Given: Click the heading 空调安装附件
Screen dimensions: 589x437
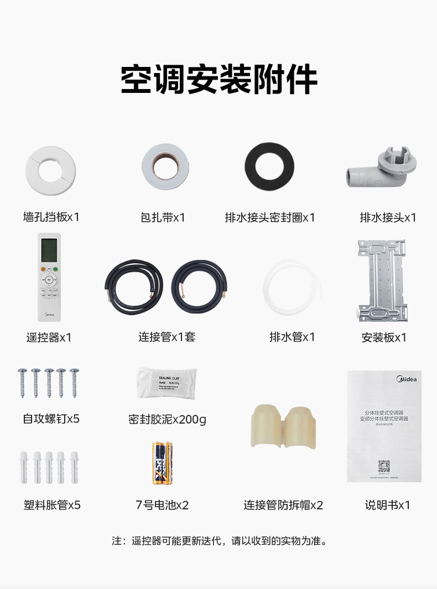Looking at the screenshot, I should [x=218, y=81].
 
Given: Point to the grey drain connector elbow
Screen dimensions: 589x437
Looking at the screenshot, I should [x=382, y=169].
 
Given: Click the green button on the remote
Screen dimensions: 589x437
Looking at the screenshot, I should [x=56, y=270].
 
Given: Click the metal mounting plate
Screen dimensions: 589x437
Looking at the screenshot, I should [x=384, y=280].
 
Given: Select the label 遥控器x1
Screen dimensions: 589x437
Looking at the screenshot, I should [x=49, y=337].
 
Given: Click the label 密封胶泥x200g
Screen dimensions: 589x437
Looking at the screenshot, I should [x=167, y=420].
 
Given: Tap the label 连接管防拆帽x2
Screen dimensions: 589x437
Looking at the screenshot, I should [x=283, y=505].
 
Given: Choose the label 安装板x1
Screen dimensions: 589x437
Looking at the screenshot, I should [x=384, y=337].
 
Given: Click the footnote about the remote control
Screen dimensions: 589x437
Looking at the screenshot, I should [x=219, y=540].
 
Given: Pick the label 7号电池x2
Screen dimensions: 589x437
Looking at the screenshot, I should [x=162, y=505].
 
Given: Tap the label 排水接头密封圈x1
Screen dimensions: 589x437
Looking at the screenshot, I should [x=269, y=217].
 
